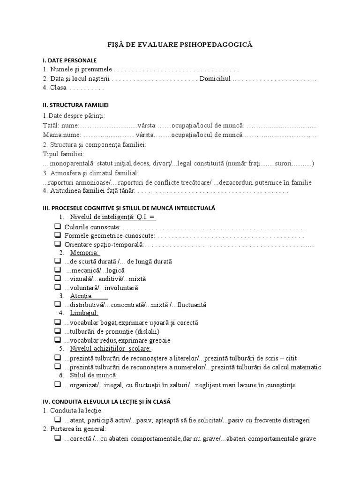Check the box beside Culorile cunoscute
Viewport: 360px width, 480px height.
[x=58, y=226]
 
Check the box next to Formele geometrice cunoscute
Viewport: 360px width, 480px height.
[x=58, y=235]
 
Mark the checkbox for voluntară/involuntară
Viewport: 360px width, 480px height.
[x=58, y=287]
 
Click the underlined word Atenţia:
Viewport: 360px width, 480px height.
[x=82, y=296]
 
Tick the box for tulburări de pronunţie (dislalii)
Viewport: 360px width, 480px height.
[x=58, y=331]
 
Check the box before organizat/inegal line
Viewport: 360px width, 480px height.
[x=58, y=384]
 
